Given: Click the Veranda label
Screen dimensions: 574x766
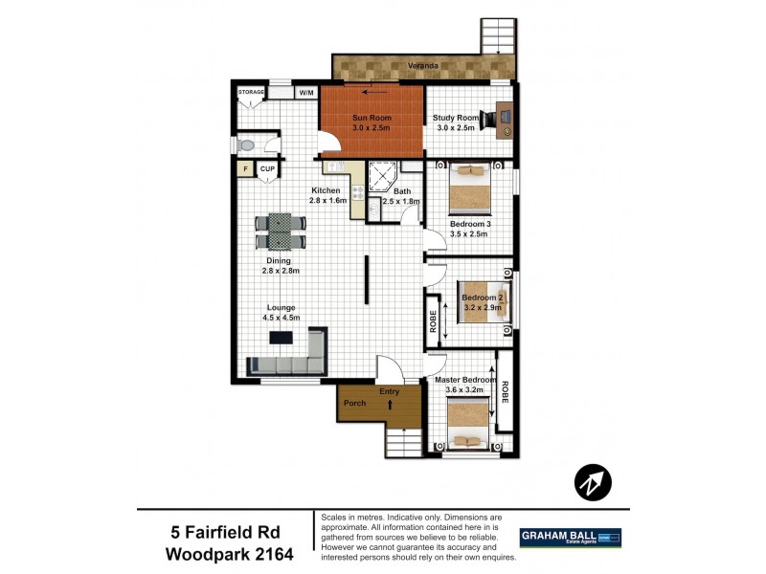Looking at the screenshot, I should pos(423,65).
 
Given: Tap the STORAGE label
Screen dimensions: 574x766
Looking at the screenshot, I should pos(251,92).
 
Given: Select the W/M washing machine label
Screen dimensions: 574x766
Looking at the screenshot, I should pos(306,93).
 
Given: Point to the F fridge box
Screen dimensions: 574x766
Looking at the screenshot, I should pos(245,170).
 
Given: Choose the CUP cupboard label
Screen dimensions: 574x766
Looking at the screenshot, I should pos(267,170).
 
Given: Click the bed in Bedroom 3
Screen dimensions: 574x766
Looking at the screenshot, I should pos(469,188).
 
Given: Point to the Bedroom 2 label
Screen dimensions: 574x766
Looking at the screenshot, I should pos(483,298).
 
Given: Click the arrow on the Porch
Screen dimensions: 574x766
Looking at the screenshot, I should pos(390,405).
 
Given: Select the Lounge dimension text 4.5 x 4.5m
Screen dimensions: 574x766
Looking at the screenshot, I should pos(282,319).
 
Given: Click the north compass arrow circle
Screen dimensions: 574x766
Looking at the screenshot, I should pos(593,484).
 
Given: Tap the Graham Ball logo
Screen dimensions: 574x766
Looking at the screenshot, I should pos(570,538).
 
